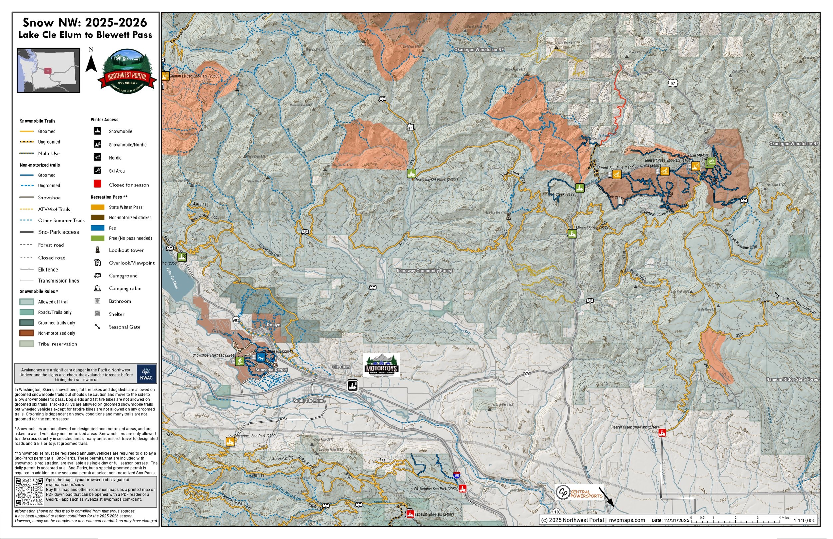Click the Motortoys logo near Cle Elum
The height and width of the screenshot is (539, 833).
coord(381,365)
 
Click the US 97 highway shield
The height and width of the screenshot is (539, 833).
coord(672,83)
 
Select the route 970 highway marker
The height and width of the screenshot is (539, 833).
coord(527,373)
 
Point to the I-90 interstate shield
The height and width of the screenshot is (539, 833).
coord(457,475)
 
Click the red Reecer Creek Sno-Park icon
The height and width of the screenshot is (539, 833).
coord(662,433)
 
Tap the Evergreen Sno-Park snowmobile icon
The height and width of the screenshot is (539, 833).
coord(230,441)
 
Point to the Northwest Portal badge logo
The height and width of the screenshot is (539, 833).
coord(127,72)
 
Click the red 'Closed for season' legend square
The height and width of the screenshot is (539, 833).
coord(98,184)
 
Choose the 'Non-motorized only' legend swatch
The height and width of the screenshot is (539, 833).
coord(27,333)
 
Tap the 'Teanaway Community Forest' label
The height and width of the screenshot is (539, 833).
coord(424,270)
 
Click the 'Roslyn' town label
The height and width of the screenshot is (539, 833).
coord(273,325)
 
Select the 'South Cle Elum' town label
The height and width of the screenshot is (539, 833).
coord(308,400)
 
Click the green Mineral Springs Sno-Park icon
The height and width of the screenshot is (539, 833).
coord(572,234)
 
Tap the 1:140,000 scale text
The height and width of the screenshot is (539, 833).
coord(804,520)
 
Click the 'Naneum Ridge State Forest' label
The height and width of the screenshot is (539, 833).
coord(792,379)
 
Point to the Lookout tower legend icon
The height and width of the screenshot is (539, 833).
coord(98,250)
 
